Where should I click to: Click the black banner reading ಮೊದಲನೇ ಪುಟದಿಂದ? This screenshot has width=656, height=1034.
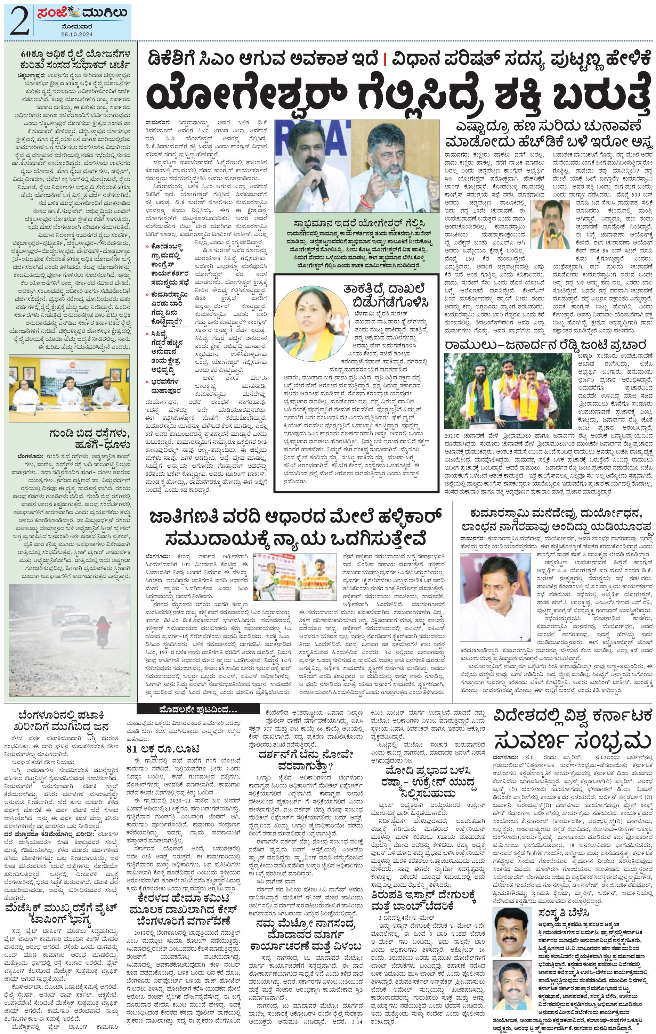pos(197,709)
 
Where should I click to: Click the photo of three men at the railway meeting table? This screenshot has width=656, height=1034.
pos(69,388)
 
